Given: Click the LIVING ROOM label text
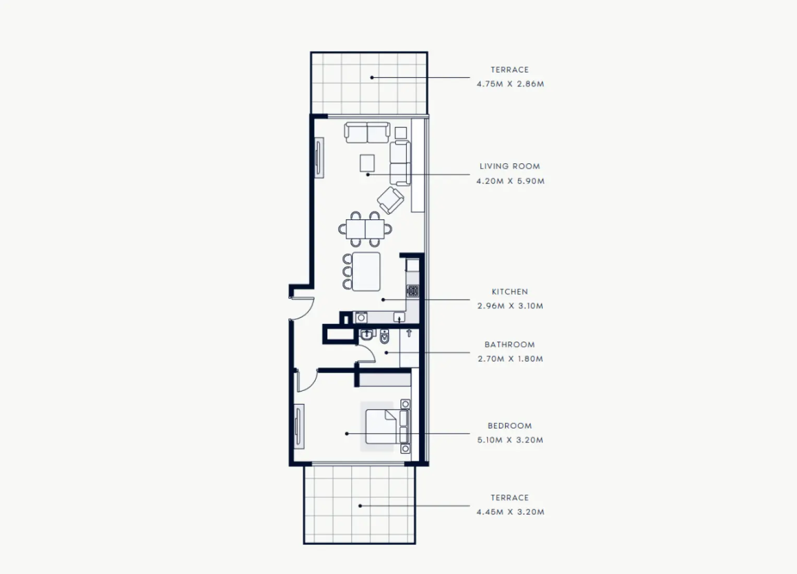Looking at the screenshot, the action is [x=509, y=166].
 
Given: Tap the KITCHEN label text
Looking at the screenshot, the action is [x=509, y=292].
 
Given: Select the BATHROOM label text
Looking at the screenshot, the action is [x=509, y=344].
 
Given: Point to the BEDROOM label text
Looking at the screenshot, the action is [x=509, y=426].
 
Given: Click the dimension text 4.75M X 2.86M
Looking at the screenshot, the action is [x=510, y=84].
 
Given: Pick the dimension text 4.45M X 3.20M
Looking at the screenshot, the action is [x=510, y=512].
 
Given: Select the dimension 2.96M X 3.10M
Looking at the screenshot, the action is [x=510, y=306].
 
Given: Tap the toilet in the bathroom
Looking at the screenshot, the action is [x=384, y=337].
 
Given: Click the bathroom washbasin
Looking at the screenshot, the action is [x=366, y=334].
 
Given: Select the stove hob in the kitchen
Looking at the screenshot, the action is [x=413, y=291].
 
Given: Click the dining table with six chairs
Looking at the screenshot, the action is [x=365, y=229].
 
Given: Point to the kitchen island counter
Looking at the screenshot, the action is [x=366, y=272].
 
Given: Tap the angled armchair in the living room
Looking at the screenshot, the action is [x=390, y=200].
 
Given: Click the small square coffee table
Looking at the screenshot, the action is [x=367, y=163].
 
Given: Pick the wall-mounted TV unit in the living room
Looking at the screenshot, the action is [x=319, y=158].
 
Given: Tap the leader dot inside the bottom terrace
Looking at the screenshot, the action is [x=360, y=506].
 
